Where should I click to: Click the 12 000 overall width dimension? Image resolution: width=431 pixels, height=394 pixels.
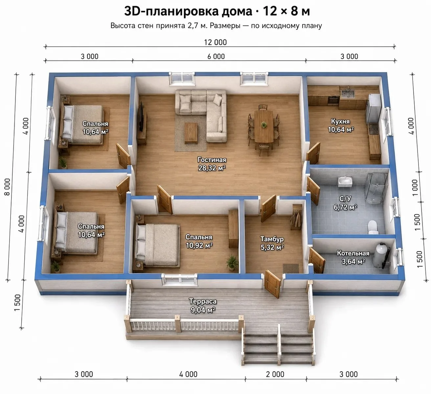click(x=215, y=42)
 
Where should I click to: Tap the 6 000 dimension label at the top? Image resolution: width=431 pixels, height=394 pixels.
click(x=216, y=57)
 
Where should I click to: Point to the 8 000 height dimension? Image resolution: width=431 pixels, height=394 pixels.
click(x=7, y=187)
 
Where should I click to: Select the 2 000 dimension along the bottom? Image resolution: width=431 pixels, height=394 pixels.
click(x=275, y=374)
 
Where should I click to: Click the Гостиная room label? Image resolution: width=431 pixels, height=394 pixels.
click(x=212, y=160)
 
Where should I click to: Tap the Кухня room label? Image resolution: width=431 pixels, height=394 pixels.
click(x=340, y=122)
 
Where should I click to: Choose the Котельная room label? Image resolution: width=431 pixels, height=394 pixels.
click(x=353, y=253)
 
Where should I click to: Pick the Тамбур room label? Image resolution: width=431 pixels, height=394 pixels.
click(x=272, y=239)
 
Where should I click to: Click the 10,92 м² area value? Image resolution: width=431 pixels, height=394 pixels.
click(x=199, y=245)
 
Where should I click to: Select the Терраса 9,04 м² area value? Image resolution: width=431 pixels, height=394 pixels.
click(x=203, y=310)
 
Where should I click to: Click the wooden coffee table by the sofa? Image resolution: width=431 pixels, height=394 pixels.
click(x=191, y=133)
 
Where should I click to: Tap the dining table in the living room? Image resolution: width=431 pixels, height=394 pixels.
click(x=264, y=126)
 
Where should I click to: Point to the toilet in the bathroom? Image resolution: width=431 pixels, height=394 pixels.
click(x=373, y=227)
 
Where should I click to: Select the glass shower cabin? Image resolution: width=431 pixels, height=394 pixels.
click(x=375, y=188)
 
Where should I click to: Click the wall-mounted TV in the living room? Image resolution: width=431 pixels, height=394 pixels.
click(x=141, y=117)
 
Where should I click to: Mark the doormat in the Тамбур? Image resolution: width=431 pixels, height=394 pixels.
click(x=291, y=268)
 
